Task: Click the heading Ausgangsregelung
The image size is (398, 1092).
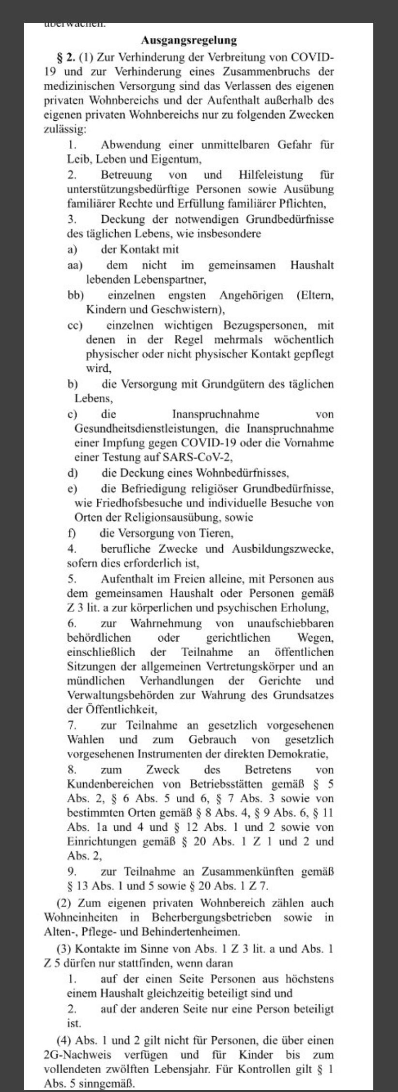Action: tap(189, 40)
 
